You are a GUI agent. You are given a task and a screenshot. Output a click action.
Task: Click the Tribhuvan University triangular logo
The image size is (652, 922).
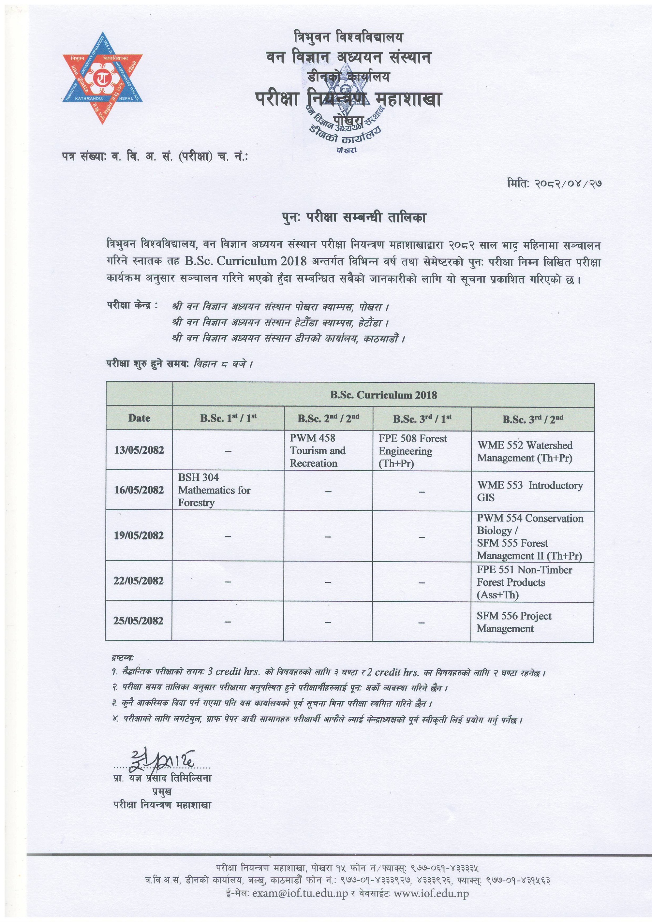pyautogui.click(x=102, y=78)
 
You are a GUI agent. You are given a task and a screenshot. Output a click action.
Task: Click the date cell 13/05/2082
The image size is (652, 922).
pyautogui.click(x=139, y=450)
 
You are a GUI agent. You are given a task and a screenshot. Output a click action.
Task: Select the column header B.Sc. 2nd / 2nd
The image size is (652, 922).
pyautogui.click(x=328, y=419)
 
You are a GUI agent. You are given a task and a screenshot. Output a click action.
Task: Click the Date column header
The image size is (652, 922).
pyautogui.click(x=139, y=418)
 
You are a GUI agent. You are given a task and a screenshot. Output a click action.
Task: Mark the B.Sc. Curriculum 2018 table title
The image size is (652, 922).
pyautogui.click(x=383, y=395)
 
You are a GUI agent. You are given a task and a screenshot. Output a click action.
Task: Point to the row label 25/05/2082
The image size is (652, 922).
pyautogui.click(x=138, y=621)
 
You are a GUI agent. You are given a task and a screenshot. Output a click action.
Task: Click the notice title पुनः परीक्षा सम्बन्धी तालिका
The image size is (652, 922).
pyautogui.click(x=353, y=218)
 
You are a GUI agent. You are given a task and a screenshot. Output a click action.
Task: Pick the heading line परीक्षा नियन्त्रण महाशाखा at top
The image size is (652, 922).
pyautogui.click(x=348, y=99)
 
